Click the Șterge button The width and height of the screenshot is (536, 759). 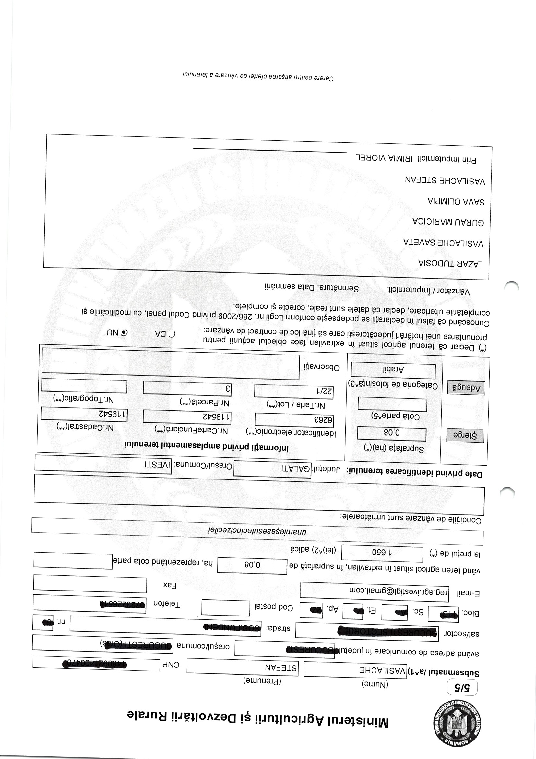coord(465,436)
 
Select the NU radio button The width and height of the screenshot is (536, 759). coord(124,333)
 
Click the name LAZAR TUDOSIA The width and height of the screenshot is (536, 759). coord(450,264)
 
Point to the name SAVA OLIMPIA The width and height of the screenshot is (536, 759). coord(456,201)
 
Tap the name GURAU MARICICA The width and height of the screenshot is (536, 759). coord(448,222)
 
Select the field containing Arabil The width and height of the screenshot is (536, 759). coord(393,370)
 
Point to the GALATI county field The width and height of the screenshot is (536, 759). coord(272,468)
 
